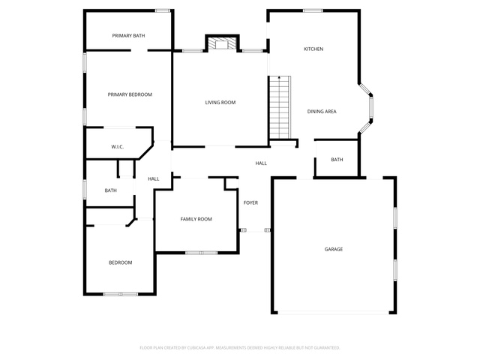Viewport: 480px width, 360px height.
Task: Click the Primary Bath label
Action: (128, 36)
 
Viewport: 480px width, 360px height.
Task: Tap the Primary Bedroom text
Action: (130, 94)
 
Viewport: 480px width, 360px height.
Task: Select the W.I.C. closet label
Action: (118, 147)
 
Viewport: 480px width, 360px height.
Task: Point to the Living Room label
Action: (220, 103)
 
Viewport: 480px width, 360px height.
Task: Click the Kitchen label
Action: (313, 49)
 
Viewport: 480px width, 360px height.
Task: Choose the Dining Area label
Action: (322, 112)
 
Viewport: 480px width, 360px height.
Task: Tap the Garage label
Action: (334, 249)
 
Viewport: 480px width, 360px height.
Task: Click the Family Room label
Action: (196, 219)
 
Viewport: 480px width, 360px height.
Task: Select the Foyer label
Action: (250, 202)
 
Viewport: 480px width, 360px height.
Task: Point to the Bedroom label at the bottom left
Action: (121, 262)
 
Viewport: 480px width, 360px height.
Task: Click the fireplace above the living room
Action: (222, 43)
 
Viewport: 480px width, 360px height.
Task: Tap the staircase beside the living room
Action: (280, 107)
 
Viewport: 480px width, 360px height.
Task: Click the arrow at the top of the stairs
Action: (279, 78)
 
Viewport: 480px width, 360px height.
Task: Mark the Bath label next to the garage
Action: (337, 160)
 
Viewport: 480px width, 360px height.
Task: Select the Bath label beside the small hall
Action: (111, 190)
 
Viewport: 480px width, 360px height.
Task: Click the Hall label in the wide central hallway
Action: (261, 163)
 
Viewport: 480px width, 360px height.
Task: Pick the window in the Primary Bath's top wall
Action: (163, 10)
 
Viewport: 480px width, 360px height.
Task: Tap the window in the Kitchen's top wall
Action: (313, 10)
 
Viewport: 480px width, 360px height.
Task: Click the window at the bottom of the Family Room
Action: (202, 253)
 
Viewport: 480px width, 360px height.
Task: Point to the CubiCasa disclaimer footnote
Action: (240, 348)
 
